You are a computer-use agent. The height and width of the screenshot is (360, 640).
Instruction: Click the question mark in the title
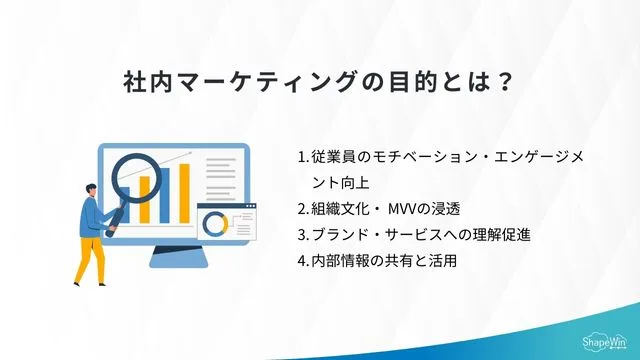coord(506,80)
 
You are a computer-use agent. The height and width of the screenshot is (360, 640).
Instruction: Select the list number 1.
coord(302,158)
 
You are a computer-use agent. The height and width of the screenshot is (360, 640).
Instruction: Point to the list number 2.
coord(302,209)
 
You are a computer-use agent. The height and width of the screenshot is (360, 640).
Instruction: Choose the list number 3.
coord(302,235)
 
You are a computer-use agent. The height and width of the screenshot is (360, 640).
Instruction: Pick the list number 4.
coord(302,261)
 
